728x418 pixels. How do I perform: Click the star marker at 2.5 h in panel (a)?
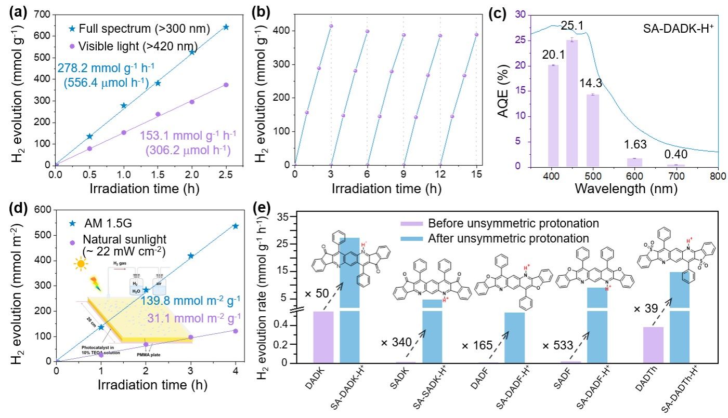[x=226, y=27]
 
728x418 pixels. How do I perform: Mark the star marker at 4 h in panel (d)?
[x=235, y=226]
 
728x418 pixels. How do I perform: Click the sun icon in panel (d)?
[x=80, y=265]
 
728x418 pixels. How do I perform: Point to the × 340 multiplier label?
[x=396, y=343]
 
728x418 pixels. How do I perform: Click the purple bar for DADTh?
[x=654, y=345]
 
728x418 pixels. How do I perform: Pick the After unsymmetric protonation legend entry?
[x=494, y=238]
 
